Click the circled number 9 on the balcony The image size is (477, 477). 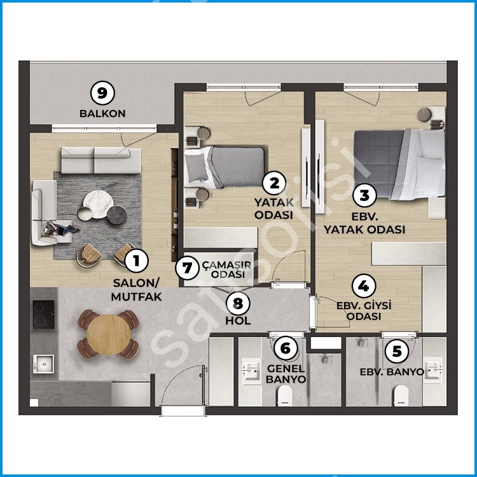(x=102, y=93)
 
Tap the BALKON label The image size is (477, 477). (x=102, y=113)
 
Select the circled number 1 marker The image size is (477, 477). (x=137, y=261)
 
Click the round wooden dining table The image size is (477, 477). (x=109, y=335)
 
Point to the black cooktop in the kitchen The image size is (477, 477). (x=43, y=315)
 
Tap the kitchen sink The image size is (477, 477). (x=43, y=364)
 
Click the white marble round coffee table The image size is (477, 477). (x=98, y=204)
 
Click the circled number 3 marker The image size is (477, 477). (x=364, y=196)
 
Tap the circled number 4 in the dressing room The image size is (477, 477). (x=364, y=286)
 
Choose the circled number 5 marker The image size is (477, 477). (x=397, y=351)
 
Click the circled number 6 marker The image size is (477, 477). (x=286, y=348)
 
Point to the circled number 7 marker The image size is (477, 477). (x=188, y=268)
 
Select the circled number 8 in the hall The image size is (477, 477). (x=238, y=303)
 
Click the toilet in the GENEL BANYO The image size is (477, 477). (x=285, y=396)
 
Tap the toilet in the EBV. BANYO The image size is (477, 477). (x=401, y=396)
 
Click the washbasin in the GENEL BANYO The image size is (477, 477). (x=251, y=370)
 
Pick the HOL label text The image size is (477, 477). (x=238, y=321)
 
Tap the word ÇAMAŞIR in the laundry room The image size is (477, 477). (x=226, y=265)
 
